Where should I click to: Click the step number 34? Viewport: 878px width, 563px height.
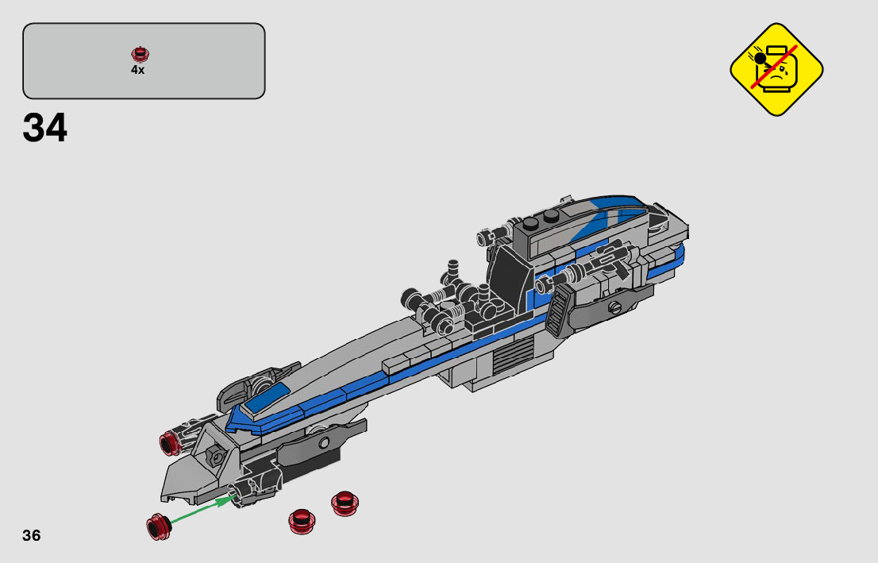pos(44,128)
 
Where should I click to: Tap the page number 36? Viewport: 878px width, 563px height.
pos(32,535)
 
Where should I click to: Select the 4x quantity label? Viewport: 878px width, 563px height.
pos(138,70)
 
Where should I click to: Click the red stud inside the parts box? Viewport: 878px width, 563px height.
pos(140,54)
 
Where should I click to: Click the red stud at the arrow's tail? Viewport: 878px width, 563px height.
pos(158,526)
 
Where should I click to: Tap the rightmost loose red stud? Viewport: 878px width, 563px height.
pos(345,503)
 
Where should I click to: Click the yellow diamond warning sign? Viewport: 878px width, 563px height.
pos(776,69)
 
